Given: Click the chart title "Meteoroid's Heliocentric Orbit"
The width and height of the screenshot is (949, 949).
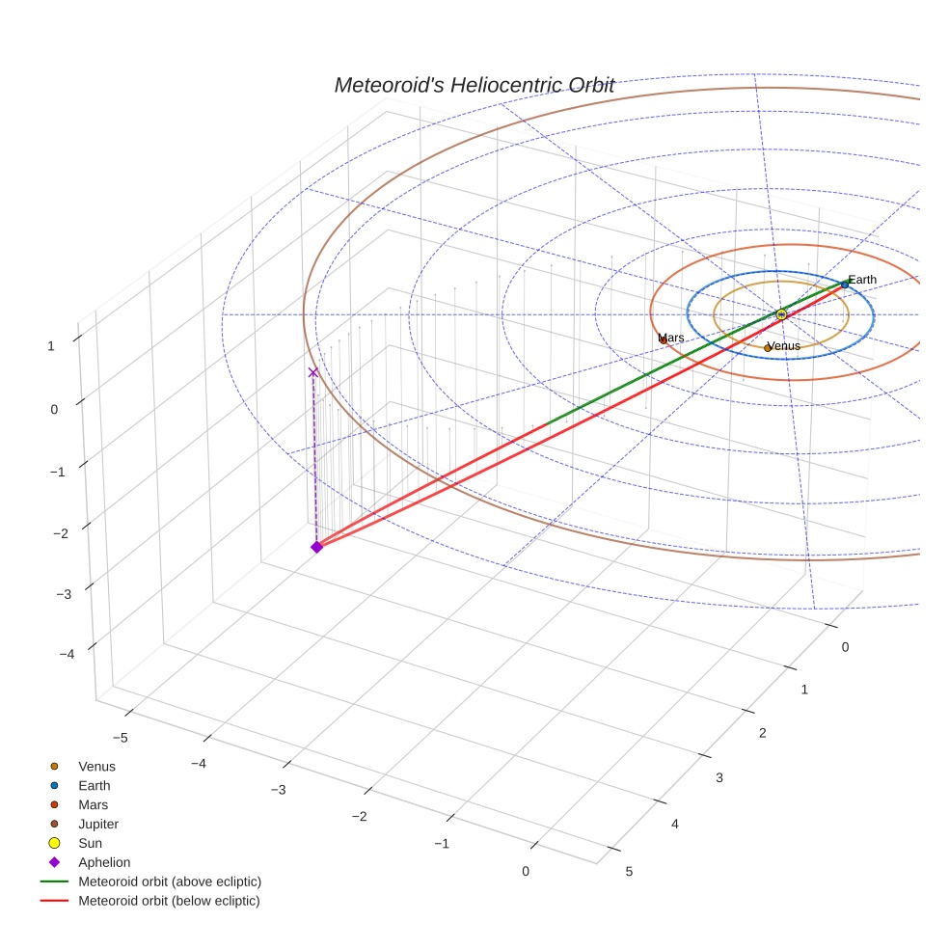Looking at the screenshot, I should [474, 86].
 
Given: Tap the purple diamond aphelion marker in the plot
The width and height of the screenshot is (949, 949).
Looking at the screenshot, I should [316, 547].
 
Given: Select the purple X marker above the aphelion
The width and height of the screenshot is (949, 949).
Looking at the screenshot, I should [312, 372].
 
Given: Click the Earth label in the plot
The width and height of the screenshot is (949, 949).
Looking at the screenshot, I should [862, 280].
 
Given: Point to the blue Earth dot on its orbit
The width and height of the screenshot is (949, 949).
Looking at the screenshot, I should [845, 285].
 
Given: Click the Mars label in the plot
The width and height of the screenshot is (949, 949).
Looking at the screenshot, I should [671, 338].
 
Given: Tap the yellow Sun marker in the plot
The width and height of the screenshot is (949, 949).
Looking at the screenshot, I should [781, 314].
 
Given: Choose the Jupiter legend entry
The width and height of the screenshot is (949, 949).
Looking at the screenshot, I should [98, 824].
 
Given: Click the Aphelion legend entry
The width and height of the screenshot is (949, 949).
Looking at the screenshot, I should [104, 862].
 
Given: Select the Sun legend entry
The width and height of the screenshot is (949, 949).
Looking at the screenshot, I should [90, 843].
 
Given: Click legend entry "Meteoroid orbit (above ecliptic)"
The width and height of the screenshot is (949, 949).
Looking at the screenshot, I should [169, 881].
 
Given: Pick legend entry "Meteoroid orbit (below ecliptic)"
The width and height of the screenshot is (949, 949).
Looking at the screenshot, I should [169, 901].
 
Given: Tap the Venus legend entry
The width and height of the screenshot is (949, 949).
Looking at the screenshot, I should [96, 767].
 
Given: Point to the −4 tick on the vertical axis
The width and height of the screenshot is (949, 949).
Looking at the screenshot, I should [67, 654].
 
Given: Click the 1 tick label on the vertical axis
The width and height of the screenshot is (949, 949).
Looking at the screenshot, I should [51, 344].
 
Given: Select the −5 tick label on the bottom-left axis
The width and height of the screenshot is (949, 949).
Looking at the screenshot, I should [120, 738].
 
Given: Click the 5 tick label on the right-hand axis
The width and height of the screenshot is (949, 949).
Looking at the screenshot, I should [629, 872].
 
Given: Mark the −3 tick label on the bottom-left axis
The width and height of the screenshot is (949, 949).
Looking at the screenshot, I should [278, 790].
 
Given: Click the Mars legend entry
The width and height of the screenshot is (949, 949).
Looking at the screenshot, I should [93, 804].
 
